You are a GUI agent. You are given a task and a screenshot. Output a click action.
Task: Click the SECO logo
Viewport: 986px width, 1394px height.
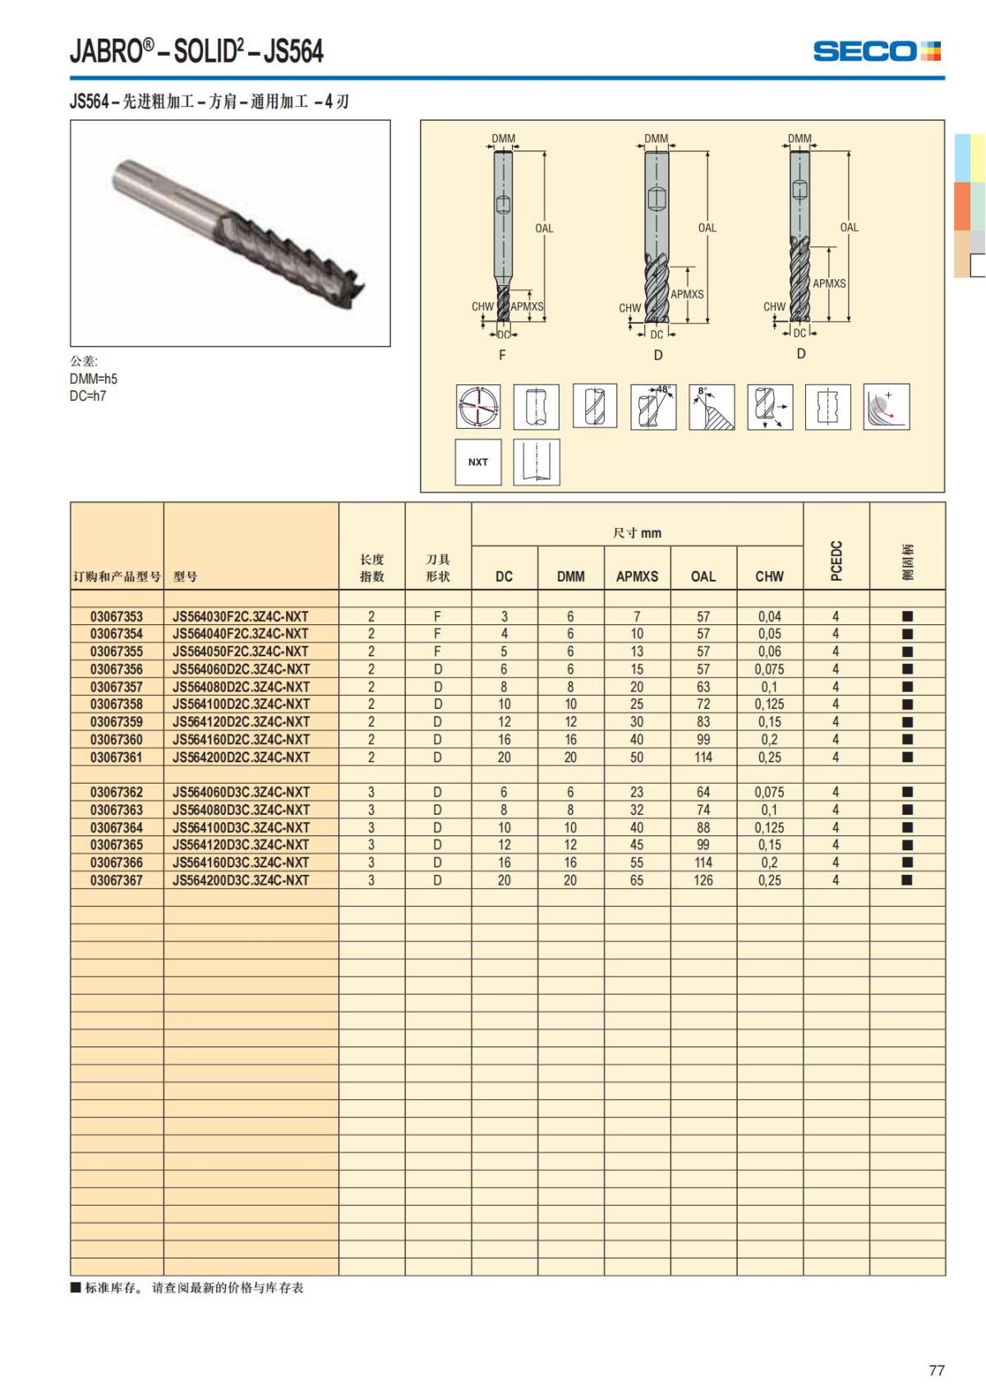pyautogui.click(x=876, y=51)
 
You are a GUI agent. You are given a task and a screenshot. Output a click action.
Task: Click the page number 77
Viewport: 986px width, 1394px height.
pyautogui.click(x=936, y=1370)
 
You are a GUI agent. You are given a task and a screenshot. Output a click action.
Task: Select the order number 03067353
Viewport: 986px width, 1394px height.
pyautogui.click(x=117, y=616)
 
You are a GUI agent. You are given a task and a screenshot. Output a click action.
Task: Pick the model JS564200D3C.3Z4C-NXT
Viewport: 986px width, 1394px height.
pyautogui.click(x=241, y=880)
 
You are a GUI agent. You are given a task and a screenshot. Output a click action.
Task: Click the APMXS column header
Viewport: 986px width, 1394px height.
pyautogui.click(x=637, y=577)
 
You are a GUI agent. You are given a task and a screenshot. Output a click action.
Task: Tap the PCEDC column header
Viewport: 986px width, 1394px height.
pyautogui.click(x=836, y=560)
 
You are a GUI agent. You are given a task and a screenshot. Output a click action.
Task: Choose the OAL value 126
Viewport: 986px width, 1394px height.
pyautogui.click(x=703, y=880)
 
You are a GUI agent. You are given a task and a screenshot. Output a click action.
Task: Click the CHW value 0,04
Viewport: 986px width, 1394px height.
pyautogui.click(x=769, y=616)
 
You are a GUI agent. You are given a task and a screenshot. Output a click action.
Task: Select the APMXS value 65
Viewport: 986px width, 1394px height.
pyautogui.click(x=637, y=880)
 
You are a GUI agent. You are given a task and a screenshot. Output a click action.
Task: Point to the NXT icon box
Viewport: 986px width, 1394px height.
pyautogui.click(x=478, y=462)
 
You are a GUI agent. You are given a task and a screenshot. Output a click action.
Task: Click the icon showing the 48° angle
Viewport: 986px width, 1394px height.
pyautogui.click(x=653, y=406)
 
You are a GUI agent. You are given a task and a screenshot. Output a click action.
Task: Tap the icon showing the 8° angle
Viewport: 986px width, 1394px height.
pyautogui.click(x=712, y=406)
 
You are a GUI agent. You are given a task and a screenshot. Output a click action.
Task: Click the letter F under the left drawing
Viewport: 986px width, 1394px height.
pyautogui.click(x=502, y=355)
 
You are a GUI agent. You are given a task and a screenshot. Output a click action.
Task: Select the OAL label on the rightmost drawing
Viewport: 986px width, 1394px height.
pyautogui.click(x=849, y=228)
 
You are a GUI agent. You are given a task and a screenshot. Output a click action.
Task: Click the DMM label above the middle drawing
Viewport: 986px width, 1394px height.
pyautogui.click(x=656, y=138)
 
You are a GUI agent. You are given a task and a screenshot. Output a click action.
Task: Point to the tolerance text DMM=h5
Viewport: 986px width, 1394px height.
pyautogui.click(x=94, y=379)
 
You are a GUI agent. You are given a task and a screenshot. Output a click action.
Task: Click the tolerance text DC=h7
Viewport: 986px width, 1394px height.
pyautogui.click(x=88, y=396)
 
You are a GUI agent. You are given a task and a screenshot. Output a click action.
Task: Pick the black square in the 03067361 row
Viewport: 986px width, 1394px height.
pyautogui.click(x=907, y=757)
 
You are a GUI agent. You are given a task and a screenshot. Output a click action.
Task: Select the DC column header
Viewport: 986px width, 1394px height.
pyautogui.click(x=504, y=577)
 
